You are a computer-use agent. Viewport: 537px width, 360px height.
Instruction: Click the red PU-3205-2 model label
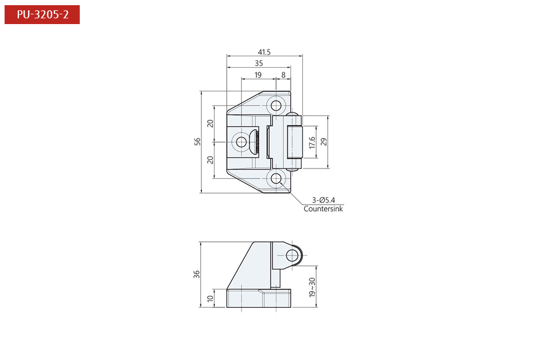pos(42,14)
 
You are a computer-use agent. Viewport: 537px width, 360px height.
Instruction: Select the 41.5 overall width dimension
pos(264,52)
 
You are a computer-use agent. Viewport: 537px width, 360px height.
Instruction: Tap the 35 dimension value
pos(259,63)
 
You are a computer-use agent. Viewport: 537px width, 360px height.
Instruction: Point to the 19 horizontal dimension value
pos(258,75)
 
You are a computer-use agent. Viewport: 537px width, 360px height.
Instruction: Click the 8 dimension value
pos(283,75)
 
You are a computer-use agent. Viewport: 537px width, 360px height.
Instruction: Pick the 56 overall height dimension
pos(197,142)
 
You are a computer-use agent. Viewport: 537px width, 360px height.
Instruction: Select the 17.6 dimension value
pos(312,142)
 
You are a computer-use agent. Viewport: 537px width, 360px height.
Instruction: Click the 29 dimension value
pos(324,142)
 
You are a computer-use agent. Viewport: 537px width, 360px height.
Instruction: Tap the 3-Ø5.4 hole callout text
pos(324,200)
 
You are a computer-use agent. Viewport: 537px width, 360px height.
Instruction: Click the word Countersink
pos(323,209)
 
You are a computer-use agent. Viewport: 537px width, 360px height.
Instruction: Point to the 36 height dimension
pos(197,274)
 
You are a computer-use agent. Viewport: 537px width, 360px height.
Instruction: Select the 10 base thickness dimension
pos(210,298)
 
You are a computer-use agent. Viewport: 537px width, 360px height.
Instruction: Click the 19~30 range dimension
pos(312,287)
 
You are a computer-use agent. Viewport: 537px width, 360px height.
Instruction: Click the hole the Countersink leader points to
pos(277,178)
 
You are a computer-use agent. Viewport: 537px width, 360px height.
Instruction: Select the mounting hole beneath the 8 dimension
pos(277,105)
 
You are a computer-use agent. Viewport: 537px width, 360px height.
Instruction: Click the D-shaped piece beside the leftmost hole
pos(254,142)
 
